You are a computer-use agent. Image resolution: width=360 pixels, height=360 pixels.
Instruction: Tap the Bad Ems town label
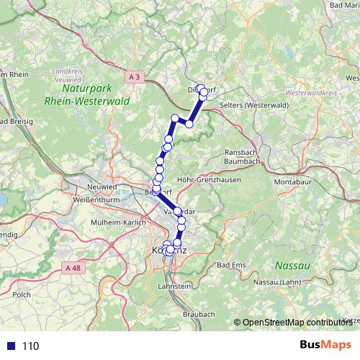[231, 265]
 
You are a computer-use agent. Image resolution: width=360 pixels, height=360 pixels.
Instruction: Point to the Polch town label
[21, 294]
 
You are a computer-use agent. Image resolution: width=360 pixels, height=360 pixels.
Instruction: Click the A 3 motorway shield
[135, 76]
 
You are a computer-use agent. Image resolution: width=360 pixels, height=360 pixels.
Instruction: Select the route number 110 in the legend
[30, 346]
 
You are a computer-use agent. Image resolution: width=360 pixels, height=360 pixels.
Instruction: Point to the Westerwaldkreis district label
[312, 94]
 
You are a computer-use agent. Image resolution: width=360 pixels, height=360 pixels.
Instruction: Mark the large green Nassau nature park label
[297, 266]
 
